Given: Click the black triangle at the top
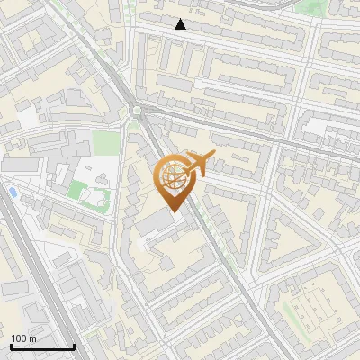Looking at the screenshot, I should coord(181,24).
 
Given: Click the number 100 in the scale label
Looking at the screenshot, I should coord(19,338).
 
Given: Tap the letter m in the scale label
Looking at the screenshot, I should coord(32,338).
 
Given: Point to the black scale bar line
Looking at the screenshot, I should coord(42,346).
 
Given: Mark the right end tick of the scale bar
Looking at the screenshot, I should coord(74,345).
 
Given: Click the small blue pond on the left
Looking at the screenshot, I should coord(13,193).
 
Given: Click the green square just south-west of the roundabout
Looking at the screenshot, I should coord(106,142).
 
